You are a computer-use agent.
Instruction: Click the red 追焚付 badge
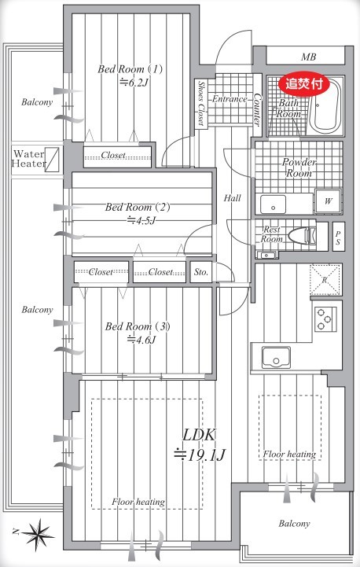point(304,84)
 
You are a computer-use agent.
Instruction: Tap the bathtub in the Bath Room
point(326,110)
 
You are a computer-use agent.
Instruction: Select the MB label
point(308,57)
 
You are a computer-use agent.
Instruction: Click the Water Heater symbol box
point(53,159)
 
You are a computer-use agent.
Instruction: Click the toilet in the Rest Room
point(303,235)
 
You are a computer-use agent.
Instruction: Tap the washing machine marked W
point(328,201)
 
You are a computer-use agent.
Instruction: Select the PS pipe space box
point(338,237)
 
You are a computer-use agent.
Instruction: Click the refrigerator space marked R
point(325,279)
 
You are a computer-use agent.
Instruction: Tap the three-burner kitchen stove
point(325,319)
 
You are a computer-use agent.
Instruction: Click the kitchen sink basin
point(276,357)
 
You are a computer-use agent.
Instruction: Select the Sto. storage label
point(201,272)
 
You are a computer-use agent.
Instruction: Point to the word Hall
point(232,198)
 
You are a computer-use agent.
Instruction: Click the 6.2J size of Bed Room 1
point(134,83)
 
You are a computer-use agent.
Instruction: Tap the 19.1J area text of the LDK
point(200,455)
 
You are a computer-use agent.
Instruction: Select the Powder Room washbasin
point(274,204)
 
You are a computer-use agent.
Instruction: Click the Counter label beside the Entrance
point(256,109)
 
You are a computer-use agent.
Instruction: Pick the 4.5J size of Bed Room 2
point(141,220)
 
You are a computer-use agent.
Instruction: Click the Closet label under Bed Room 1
point(113,155)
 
